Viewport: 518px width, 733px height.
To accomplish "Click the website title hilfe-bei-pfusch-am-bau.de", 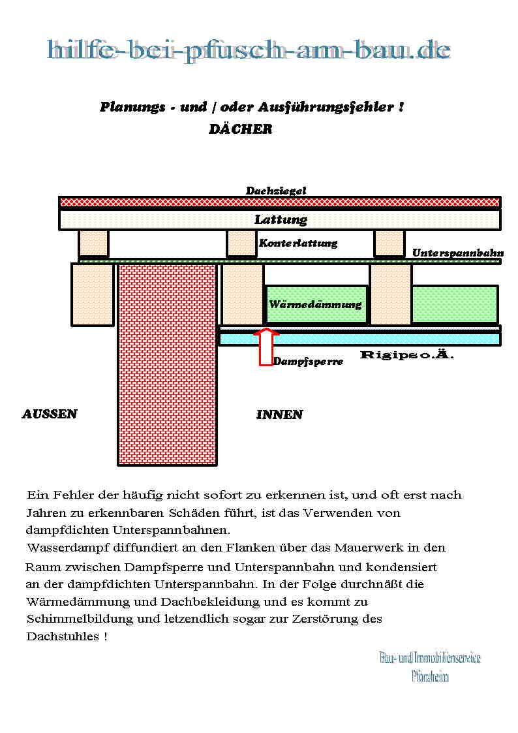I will tap(249, 50).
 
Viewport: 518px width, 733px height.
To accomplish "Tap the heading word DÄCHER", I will tap(240, 129).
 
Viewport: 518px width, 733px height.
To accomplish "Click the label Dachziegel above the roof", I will tap(275, 191).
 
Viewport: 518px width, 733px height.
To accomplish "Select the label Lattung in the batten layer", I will tap(281, 220).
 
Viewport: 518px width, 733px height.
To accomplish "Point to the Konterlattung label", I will tap(298, 243).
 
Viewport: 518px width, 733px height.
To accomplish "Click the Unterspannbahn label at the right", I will tap(457, 253).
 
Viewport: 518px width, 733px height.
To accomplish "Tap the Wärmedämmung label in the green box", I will tap(315, 304).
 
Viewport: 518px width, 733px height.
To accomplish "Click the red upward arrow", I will tap(266, 347).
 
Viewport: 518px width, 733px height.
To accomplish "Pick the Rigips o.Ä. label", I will tap(406, 356).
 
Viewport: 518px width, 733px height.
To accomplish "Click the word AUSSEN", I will tap(50, 414).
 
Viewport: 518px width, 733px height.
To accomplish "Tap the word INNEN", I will tap(279, 414).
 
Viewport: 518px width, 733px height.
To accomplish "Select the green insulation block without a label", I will tap(455, 304).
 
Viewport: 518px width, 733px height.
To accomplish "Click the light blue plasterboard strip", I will tap(359, 339).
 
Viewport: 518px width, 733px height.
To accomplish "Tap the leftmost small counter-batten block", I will tap(93, 243).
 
